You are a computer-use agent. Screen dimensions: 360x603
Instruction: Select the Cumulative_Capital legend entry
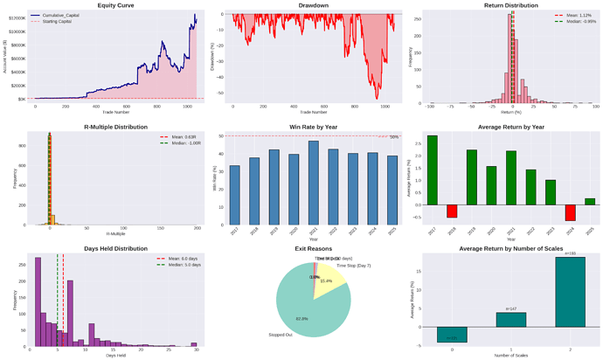click(x=64, y=16)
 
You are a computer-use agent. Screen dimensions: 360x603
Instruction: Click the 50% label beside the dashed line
click(x=393, y=137)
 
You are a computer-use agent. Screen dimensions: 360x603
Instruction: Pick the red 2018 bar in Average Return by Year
click(x=452, y=211)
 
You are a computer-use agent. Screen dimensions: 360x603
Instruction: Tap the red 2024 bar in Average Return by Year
click(x=570, y=212)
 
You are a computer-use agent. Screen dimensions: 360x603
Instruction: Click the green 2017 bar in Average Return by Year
click(x=432, y=170)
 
